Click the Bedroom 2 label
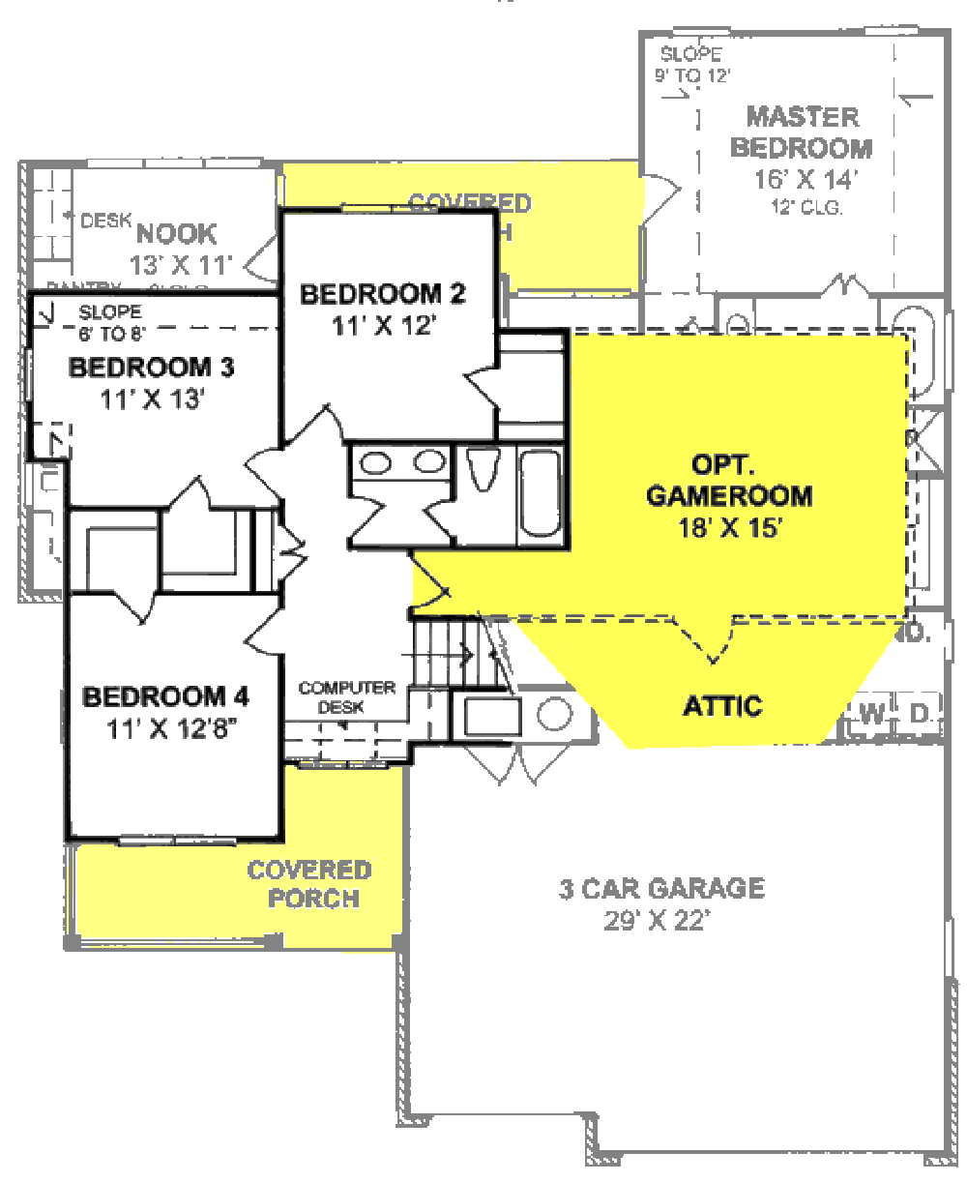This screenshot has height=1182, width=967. (383, 294)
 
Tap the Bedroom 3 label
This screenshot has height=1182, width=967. (152, 368)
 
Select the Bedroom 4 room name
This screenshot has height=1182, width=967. (166, 696)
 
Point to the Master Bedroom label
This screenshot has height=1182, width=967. (802, 133)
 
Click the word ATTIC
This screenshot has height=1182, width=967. (722, 706)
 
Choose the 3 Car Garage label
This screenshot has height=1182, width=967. (661, 888)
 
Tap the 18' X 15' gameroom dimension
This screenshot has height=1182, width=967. (729, 528)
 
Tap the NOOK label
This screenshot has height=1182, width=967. (177, 234)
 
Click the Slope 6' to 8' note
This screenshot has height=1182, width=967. (110, 321)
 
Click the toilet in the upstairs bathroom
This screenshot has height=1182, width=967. (481, 471)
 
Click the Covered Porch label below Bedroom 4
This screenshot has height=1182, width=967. (309, 884)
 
